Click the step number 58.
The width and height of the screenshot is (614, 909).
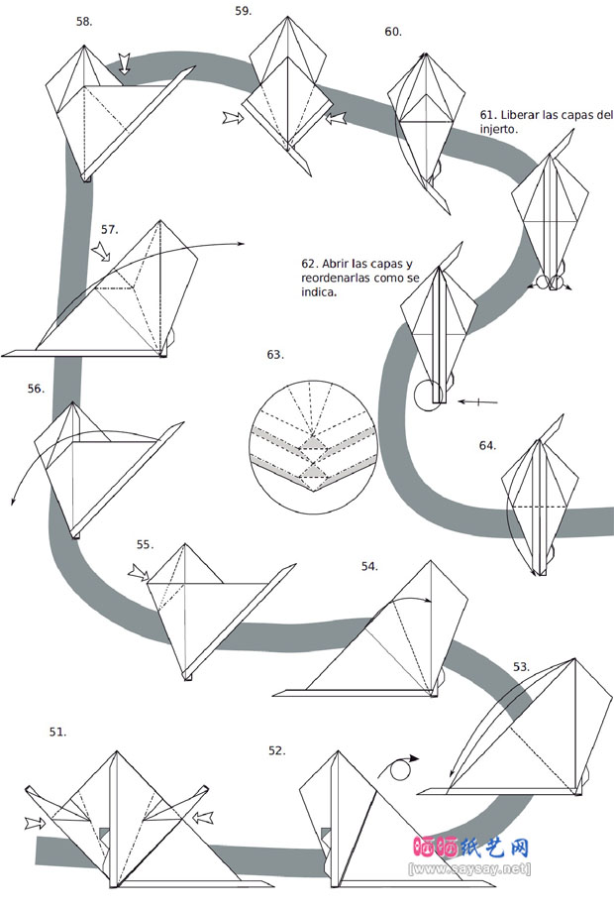(84, 21)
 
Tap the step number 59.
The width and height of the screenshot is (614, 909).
(244, 11)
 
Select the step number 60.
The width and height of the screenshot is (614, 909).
(393, 32)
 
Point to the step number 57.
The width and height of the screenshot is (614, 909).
(109, 229)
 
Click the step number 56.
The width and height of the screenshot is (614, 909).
(37, 389)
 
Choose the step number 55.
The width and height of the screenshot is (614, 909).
(145, 544)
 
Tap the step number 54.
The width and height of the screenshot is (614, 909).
(369, 566)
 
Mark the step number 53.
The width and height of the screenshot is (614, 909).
(521, 666)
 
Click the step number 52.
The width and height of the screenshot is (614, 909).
(276, 750)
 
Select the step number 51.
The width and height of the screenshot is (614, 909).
(58, 732)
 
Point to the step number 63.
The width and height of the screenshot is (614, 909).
(275, 354)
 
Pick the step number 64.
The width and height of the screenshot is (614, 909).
(487, 445)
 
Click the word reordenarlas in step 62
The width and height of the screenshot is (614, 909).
(335, 280)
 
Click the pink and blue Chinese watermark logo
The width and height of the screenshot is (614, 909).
(469, 850)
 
